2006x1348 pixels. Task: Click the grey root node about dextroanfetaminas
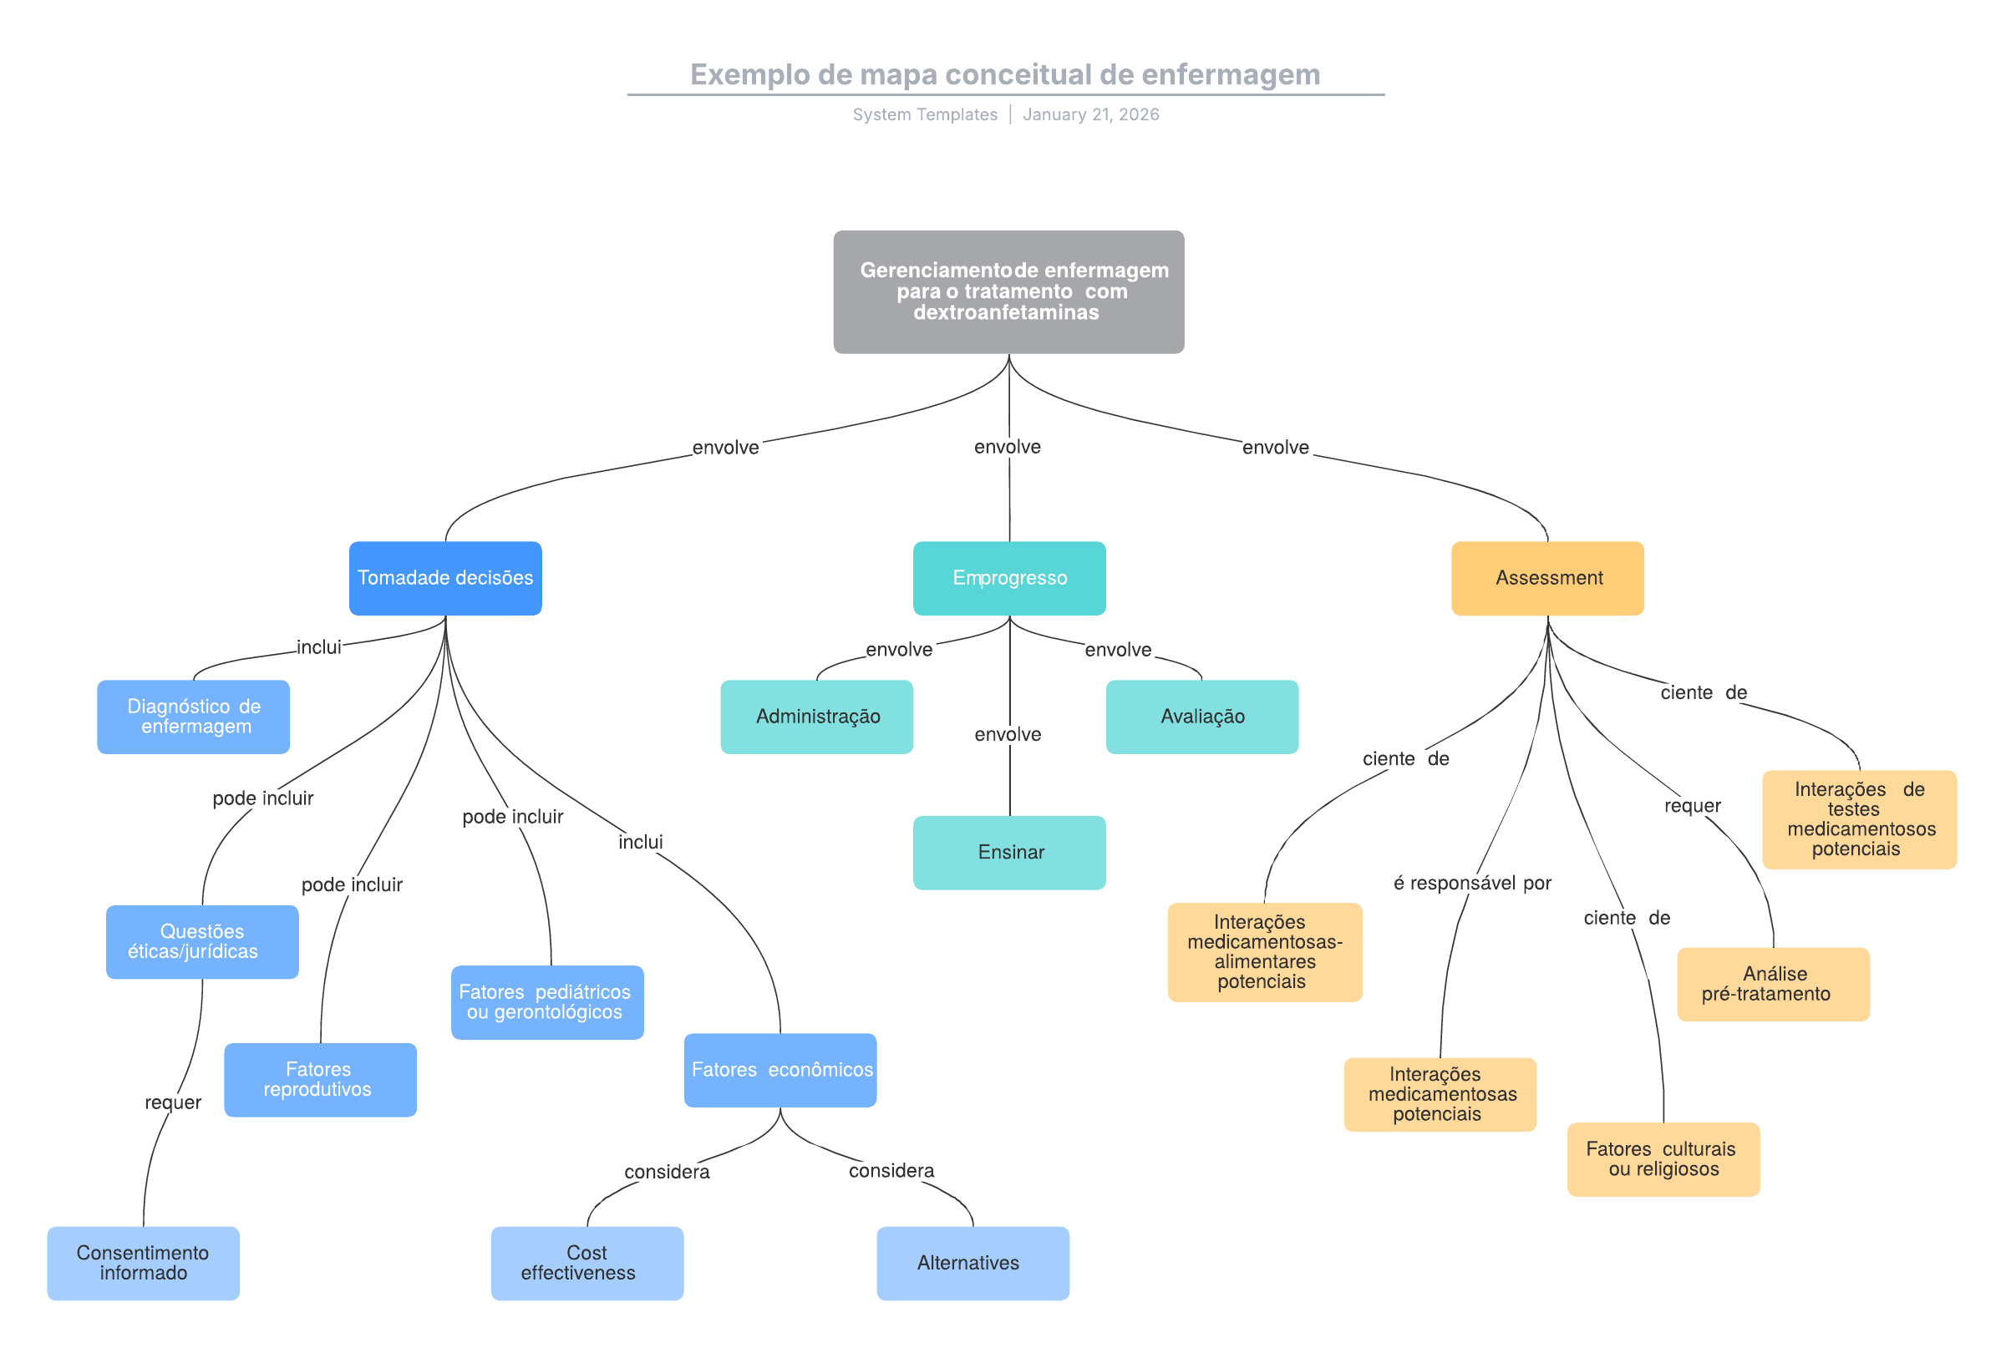(x=1008, y=291)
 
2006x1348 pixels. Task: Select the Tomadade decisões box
(x=445, y=578)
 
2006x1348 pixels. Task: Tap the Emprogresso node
(x=1008, y=578)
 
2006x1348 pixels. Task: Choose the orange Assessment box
(x=1546, y=578)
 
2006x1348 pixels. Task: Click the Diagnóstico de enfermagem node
(x=194, y=716)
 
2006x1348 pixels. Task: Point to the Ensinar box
(x=1008, y=852)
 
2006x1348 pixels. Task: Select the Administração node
(x=816, y=716)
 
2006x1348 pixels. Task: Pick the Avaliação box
(x=1201, y=716)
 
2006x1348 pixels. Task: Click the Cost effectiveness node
(x=587, y=1262)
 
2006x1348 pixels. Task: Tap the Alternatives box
(x=973, y=1262)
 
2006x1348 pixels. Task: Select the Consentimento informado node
(x=143, y=1262)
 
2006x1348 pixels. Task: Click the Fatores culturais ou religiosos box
(x=1662, y=1158)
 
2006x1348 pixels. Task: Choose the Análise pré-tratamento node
(x=1772, y=984)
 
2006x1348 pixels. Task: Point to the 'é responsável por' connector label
(x=1471, y=883)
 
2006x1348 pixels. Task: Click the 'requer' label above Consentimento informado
(x=173, y=1102)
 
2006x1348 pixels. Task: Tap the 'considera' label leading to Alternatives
(x=891, y=1170)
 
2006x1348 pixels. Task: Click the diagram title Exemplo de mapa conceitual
(x=1004, y=75)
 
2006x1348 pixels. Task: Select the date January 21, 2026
(x=1090, y=114)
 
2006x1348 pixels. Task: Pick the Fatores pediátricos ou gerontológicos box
(x=547, y=1001)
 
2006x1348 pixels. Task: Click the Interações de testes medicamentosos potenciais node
(x=1858, y=818)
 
